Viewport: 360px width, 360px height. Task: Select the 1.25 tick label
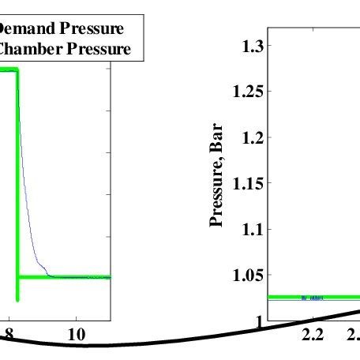pyautogui.click(x=248, y=92)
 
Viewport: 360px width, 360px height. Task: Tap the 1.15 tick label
pyautogui.click(x=248, y=183)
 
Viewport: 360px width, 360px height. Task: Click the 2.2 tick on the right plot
pyautogui.click(x=313, y=335)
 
